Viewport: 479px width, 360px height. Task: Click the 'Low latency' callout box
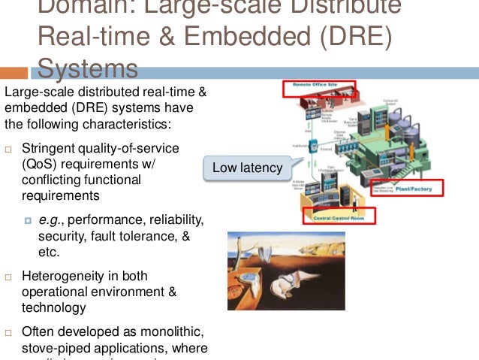pyautogui.click(x=247, y=168)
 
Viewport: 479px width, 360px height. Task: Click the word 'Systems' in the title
pyautogui.click(x=87, y=69)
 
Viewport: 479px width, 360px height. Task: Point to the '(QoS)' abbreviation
pyautogui.click(x=39, y=164)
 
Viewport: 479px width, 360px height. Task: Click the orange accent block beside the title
pyautogui.click(x=14, y=73)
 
